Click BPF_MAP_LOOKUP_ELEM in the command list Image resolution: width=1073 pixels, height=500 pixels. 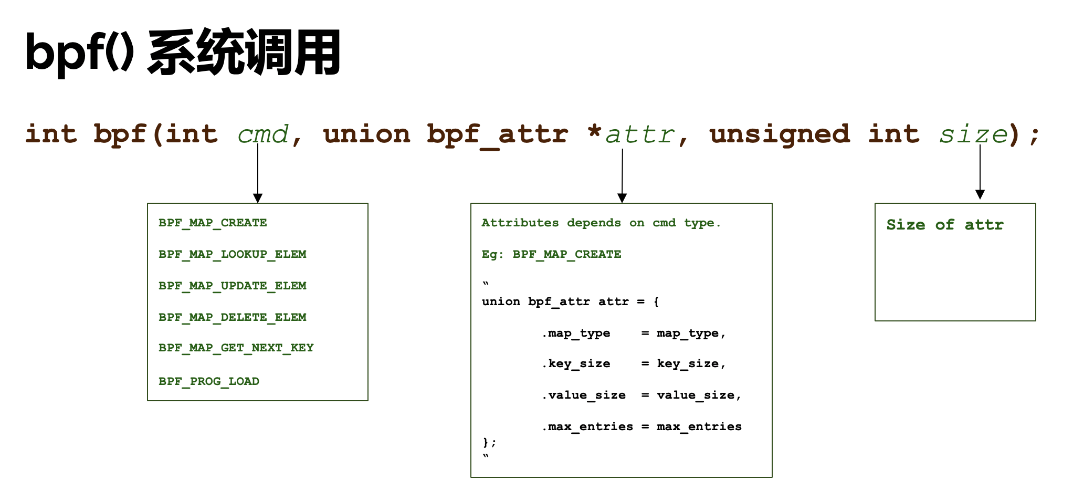(x=232, y=254)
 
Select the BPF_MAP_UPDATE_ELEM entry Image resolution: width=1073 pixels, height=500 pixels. (x=232, y=286)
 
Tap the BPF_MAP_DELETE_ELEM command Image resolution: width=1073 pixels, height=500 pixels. (x=232, y=317)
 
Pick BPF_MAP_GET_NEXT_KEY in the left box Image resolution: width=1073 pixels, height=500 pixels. (x=236, y=348)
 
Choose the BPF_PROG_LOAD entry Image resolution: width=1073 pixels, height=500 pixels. (x=208, y=381)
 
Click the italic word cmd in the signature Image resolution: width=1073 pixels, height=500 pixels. (x=263, y=134)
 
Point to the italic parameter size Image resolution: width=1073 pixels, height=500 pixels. (x=973, y=134)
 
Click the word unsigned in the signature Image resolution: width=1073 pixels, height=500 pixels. (x=779, y=134)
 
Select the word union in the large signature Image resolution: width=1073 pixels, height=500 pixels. (x=366, y=134)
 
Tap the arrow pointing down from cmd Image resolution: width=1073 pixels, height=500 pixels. (x=258, y=173)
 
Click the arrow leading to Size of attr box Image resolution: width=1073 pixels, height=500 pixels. (x=980, y=172)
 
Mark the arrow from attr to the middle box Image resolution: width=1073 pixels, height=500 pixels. (x=622, y=176)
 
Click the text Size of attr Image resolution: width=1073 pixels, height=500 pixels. (x=945, y=225)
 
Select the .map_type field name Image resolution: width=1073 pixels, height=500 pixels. (x=576, y=333)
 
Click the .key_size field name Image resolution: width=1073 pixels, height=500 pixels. (x=576, y=363)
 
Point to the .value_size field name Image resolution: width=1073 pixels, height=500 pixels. (x=584, y=395)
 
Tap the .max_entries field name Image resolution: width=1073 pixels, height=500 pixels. (x=587, y=426)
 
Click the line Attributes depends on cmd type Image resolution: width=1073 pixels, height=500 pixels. (x=601, y=223)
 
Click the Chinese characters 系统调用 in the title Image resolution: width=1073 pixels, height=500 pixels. (x=245, y=53)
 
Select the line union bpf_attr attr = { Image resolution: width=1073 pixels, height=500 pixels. (x=570, y=301)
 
